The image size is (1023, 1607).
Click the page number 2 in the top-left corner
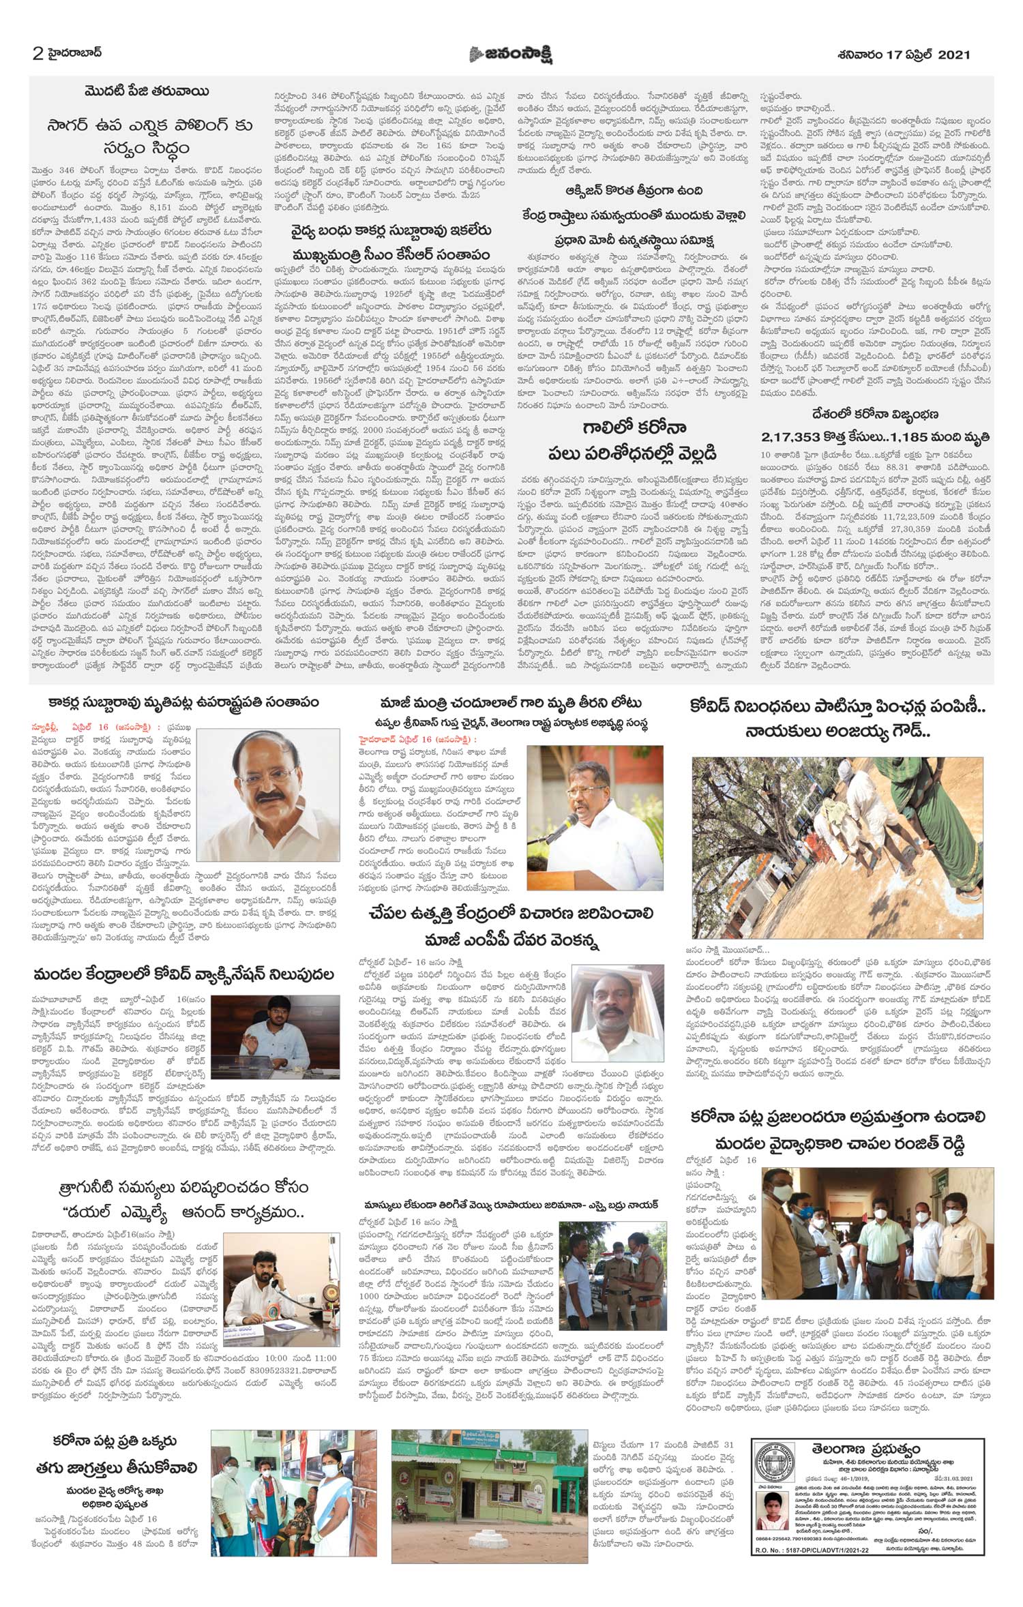(x=38, y=54)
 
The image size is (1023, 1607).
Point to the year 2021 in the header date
(x=953, y=55)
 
